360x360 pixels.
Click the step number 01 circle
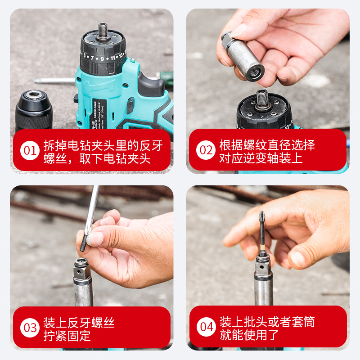[x=30, y=150]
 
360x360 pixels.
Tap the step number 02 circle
[x=206, y=150]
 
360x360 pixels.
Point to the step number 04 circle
[x=206, y=327]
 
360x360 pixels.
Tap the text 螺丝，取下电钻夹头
[x=97, y=158]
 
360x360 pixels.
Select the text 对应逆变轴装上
[x=261, y=158]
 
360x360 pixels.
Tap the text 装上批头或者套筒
[x=267, y=322]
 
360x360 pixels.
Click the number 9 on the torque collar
[x=102, y=58]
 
